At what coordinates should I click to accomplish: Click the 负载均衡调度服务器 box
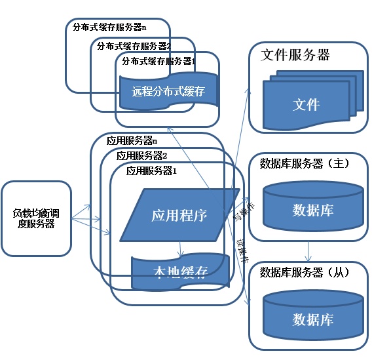click(36, 218)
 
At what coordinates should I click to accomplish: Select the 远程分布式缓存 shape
click(168, 92)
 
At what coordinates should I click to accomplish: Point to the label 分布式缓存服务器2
click(134, 46)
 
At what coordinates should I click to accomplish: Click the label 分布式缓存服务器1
click(157, 61)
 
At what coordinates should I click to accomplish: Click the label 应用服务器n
click(131, 140)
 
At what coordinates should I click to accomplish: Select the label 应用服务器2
click(142, 155)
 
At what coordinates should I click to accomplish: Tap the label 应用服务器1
click(152, 170)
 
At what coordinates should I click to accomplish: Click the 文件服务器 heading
click(295, 54)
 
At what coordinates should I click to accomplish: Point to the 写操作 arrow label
click(240, 211)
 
